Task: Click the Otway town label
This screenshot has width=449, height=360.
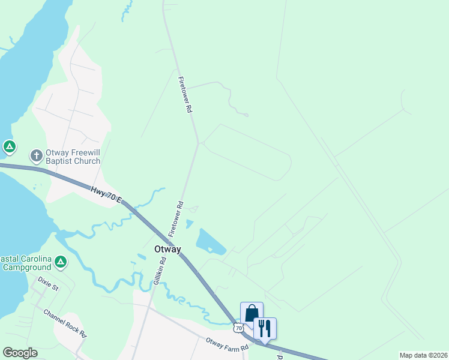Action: click(167, 249)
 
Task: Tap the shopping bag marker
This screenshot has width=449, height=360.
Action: click(252, 313)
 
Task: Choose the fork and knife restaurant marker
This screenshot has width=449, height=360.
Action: click(265, 328)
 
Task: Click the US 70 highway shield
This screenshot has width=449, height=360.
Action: click(239, 328)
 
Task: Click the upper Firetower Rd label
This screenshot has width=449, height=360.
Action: click(184, 95)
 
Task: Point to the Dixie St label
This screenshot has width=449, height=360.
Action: click(48, 283)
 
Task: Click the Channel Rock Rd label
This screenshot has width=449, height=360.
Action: click(65, 323)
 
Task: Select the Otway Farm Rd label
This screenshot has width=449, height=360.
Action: click(227, 344)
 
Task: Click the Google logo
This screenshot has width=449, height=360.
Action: click(20, 352)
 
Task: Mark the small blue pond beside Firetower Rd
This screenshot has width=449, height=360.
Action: click(190, 224)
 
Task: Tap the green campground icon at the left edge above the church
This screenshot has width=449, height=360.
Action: click(9, 146)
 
